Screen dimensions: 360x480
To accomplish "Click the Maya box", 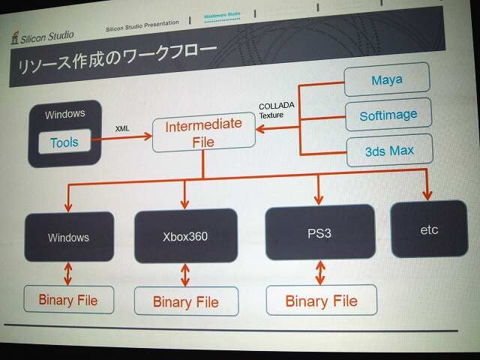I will pyautogui.click(x=386, y=79).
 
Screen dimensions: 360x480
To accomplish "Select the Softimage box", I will pyautogui.click(x=388, y=115).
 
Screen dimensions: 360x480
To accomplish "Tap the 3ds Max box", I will pyautogui.click(x=389, y=151).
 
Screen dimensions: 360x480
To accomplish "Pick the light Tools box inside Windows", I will pyautogui.click(x=64, y=142).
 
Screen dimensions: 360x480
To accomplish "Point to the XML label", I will pyautogui.click(x=122, y=129).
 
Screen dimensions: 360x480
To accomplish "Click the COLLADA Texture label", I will pyautogui.click(x=275, y=110).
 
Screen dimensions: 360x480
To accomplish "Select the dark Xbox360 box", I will pyautogui.click(x=185, y=235).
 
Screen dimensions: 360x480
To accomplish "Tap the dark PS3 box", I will pyautogui.click(x=319, y=232).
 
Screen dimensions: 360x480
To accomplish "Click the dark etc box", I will pyautogui.click(x=428, y=229).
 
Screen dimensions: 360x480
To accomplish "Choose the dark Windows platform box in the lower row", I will pyautogui.click(x=68, y=237).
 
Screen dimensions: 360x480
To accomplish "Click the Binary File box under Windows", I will pyautogui.click(x=68, y=300).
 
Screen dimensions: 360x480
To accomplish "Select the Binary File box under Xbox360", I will pyautogui.click(x=185, y=301).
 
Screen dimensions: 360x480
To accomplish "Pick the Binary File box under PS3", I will pyautogui.click(x=321, y=301).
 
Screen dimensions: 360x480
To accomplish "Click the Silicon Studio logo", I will pyautogui.click(x=42, y=35).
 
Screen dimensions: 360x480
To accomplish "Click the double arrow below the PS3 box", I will pyautogui.click(x=320, y=271).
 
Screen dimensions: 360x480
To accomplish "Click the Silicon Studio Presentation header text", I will pyautogui.click(x=142, y=25).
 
